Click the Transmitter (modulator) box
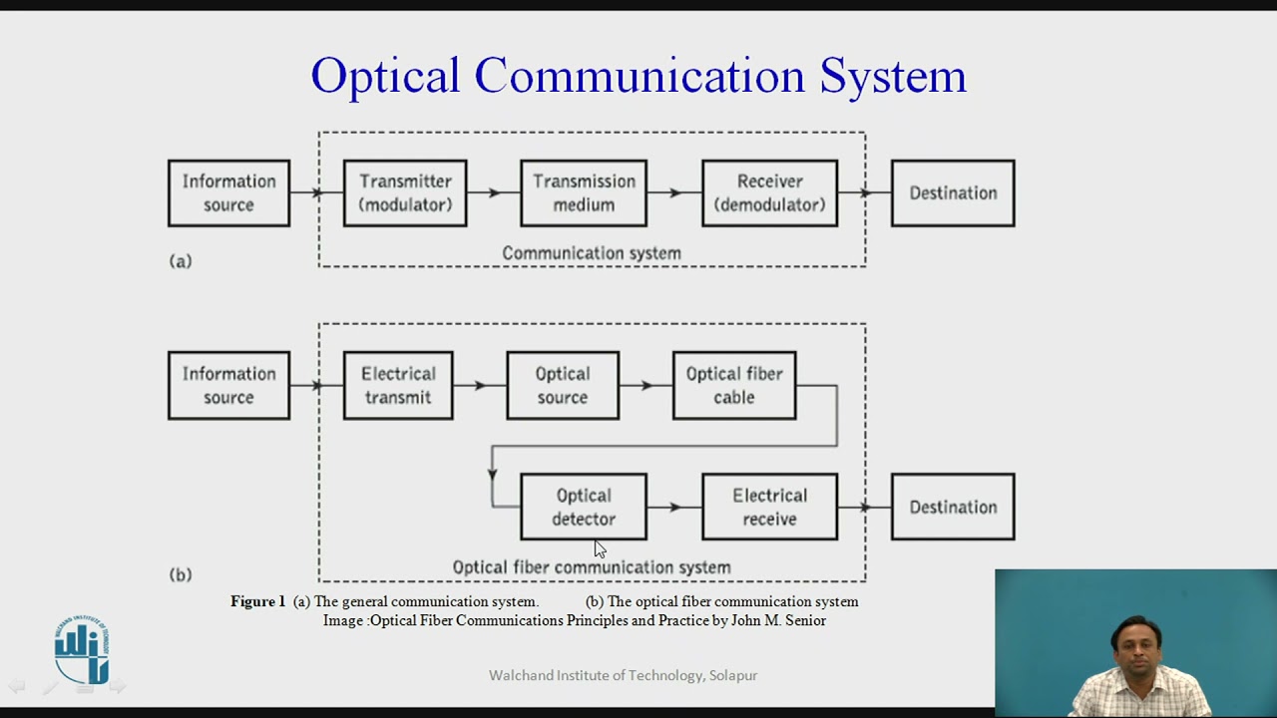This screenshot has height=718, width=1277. pyautogui.click(x=405, y=193)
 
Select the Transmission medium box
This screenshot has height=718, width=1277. pyautogui.click(x=584, y=193)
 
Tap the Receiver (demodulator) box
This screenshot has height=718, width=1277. pyautogui.click(x=769, y=193)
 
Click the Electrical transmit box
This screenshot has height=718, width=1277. pyautogui.click(x=398, y=385)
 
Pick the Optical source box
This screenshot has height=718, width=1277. pyautogui.click(x=563, y=385)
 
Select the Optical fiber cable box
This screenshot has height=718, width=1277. pyautogui.click(x=734, y=385)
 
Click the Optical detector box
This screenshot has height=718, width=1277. pyautogui.click(x=584, y=507)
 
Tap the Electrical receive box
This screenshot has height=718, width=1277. pyautogui.click(x=769, y=507)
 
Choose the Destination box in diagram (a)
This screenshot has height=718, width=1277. pyautogui.click(x=953, y=193)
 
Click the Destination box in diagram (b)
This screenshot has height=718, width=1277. pyautogui.click(x=953, y=507)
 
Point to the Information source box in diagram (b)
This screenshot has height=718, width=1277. pyautogui.click(x=228, y=385)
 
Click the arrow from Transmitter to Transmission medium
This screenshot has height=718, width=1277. pyautogui.click(x=493, y=193)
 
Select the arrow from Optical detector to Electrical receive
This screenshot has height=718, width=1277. pyautogui.click(x=674, y=507)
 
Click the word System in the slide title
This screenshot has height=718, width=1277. pyautogui.click(x=893, y=76)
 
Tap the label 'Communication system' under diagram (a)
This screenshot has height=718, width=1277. pyautogui.click(x=592, y=253)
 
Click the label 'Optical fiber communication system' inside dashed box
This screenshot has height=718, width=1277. pyautogui.click(x=592, y=567)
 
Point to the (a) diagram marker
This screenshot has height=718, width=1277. pyautogui.click(x=181, y=261)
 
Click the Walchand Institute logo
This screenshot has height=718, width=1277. pyautogui.click(x=82, y=650)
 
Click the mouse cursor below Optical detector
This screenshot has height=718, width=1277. pyautogui.click(x=599, y=548)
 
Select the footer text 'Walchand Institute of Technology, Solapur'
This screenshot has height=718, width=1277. pyautogui.click(x=623, y=676)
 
